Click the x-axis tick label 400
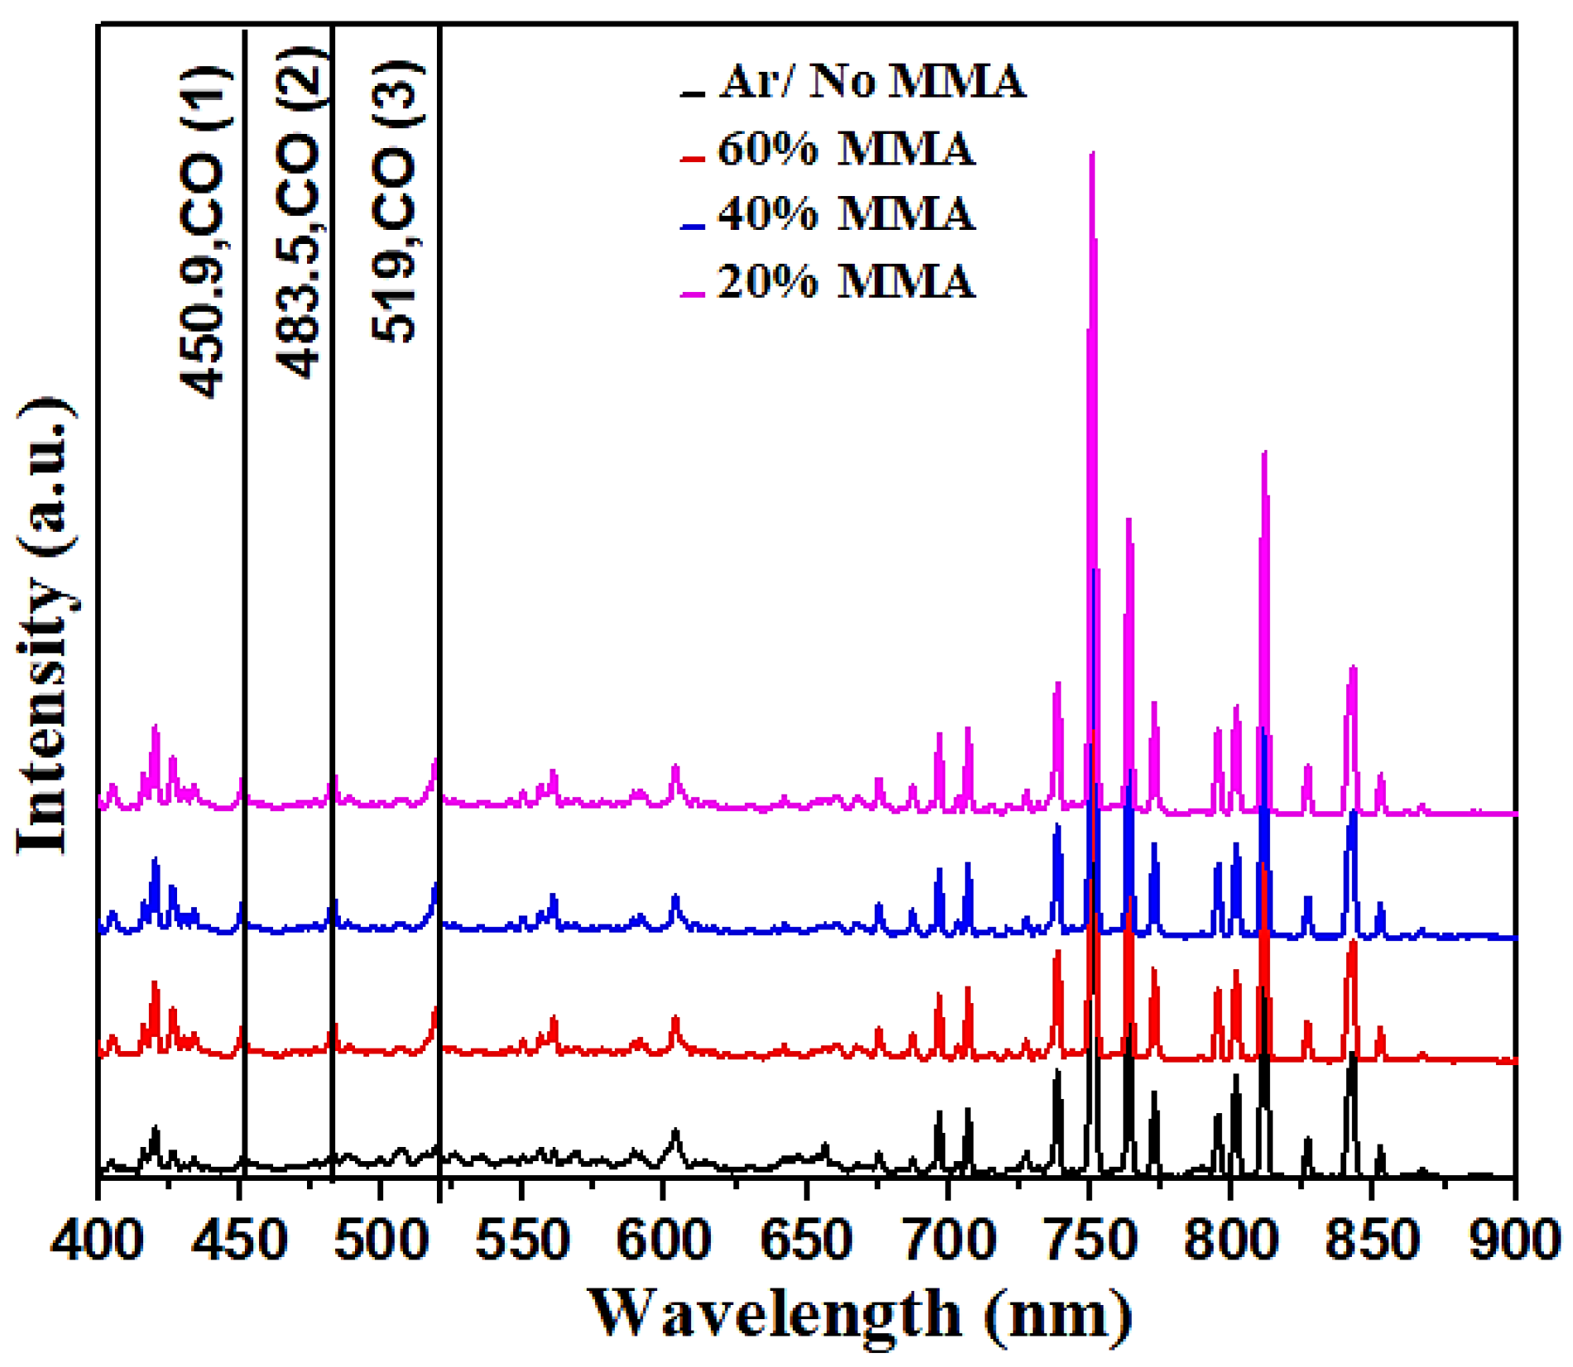(x=98, y=1240)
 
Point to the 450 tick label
(x=240, y=1240)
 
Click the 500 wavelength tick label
(x=381, y=1240)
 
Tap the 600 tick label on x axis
(x=664, y=1240)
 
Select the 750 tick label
(x=1089, y=1240)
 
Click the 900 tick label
(x=1514, y=1240)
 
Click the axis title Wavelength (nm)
(x=860, y=1313)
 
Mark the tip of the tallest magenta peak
(x=1092, y=153)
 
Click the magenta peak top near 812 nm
(x=1264, y=452)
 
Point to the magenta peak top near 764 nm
(x=1129, y=519)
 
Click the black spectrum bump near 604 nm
(x=676, y=1130)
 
